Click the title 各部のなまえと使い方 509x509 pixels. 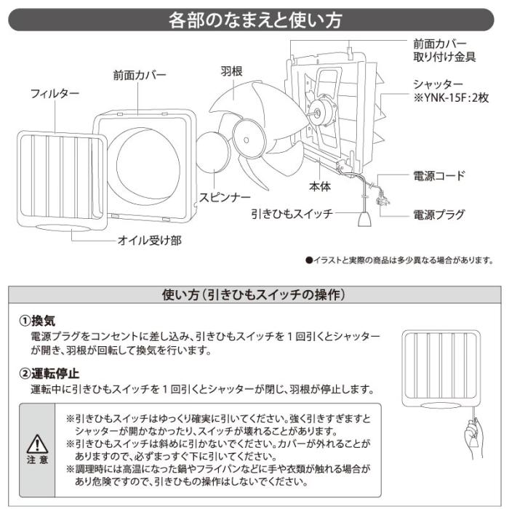[254, 20]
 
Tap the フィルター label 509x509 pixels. [55, 94]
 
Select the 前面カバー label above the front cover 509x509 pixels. [140, 75]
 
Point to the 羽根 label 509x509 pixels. [231, 71]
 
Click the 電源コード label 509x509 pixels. [438, 176]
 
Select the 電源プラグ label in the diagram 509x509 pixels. [438, 215]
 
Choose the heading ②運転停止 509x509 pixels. [48, 374]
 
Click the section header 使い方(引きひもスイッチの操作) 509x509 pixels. [254, 295]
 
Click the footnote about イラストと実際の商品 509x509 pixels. [399, 260]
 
